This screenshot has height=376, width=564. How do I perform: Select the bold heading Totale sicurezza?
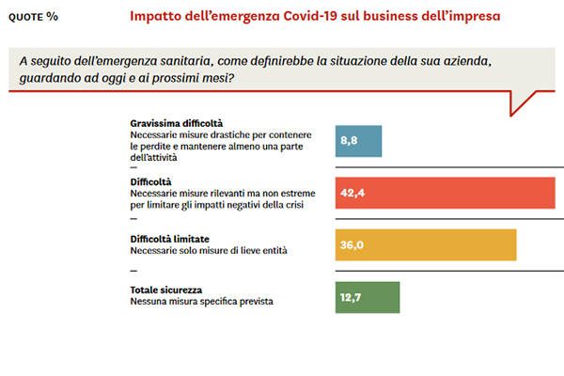click(x=166, y=290)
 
